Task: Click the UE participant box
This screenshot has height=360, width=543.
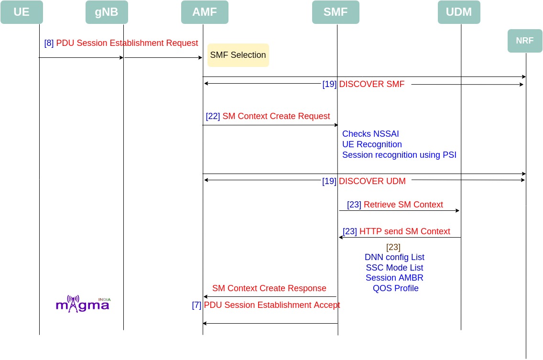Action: click(x=22, y=12)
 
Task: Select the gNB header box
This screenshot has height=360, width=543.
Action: click(x=107, y=12)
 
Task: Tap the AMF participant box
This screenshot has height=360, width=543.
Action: click(x=205, y=12)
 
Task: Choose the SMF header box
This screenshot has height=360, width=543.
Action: click(x=336, y=12)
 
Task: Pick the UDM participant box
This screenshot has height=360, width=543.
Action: click(x=459, y=12)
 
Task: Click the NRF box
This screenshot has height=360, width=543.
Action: click(x=525, y=41)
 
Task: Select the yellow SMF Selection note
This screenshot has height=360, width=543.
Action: click(x=238, y=55)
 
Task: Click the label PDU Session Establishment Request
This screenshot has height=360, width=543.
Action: click(x=127, y=43)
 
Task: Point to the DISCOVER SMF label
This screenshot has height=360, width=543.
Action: click(x=371, y=84)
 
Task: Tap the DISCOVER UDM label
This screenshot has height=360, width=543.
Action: click(x=372, y=181)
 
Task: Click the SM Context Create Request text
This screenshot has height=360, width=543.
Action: click(x=276, y=116)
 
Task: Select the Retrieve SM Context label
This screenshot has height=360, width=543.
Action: click(x=403, y=205)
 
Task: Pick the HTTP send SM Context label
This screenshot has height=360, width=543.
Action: click(x=404, y=231)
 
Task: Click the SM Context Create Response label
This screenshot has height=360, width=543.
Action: click(x=269, y=288)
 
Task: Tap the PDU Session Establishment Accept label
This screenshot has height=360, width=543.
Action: click(x=272, y=305)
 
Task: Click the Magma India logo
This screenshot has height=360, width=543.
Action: click(x=83, y=304)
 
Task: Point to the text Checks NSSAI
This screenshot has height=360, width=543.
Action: click(x=370, y=134)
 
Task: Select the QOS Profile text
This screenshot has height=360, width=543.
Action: click(x=395, y=288)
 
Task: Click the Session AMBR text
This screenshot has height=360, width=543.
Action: click(x=394, y=278)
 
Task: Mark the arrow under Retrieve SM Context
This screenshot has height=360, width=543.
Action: click(x=399, y=211)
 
